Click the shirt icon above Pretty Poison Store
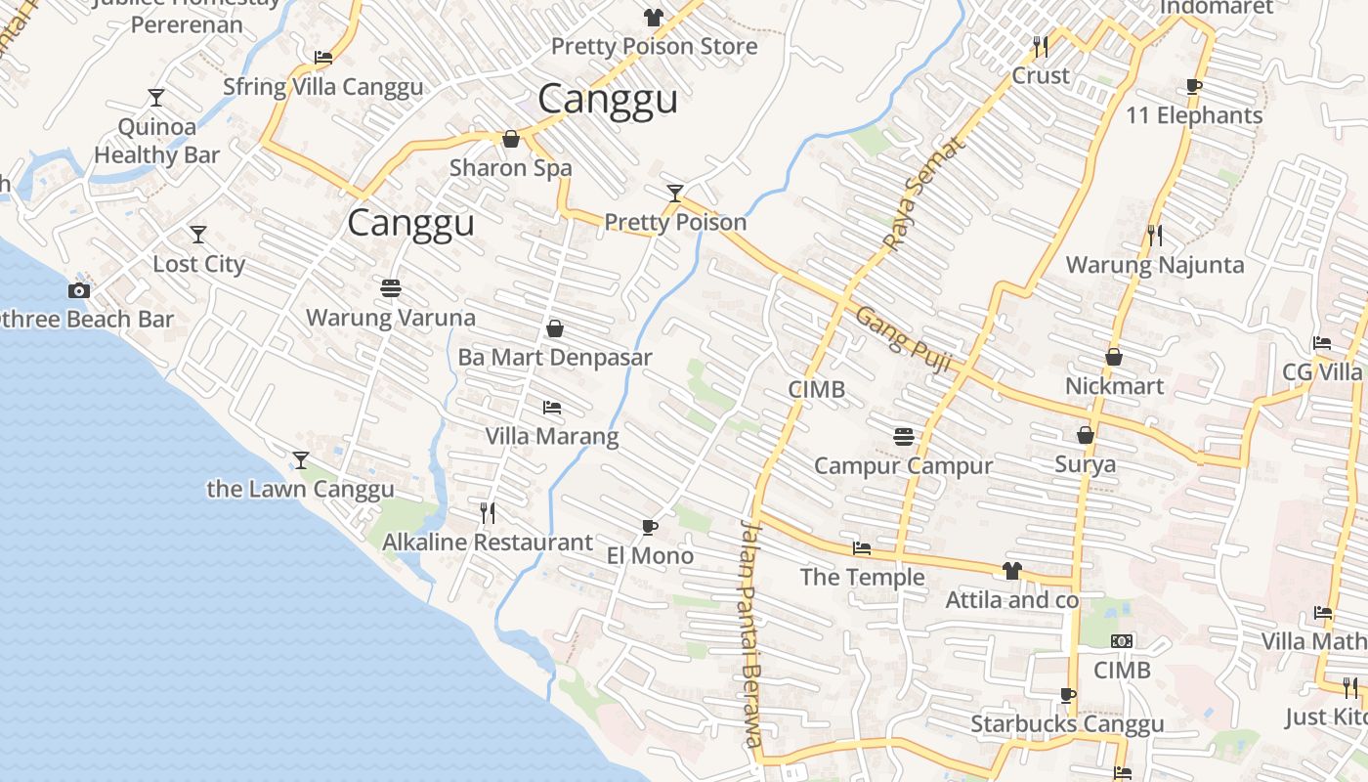(x=653, y=18)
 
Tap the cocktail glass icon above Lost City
(x=198, y=235)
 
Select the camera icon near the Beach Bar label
(x=79, y=290)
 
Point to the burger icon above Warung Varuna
(x=391, y=288)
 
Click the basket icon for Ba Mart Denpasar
(x=555, y=328)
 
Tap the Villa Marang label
(x=552, y=436)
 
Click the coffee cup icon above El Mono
(x=650, y=527)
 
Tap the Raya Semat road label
(x=922, y=194)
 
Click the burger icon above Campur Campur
(x=903, y=436)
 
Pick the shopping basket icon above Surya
(x=1085, y=435)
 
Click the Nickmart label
(x=1114, y=386)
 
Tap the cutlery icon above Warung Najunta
(x=1155, y=235)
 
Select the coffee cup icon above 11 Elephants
(x=1193, y=86)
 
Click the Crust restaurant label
(x=1041, y=75)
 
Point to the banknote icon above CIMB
(x=1122, y=641)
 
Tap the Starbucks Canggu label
(x=1067, y=724)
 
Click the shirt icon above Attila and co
(x=1011, y=571)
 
